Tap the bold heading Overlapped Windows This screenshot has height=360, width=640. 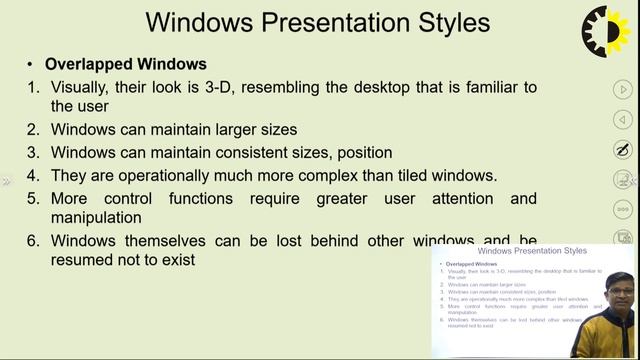click(x=125, y=64)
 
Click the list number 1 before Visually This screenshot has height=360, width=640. click(x=33, y=87)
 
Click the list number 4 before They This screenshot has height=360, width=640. click(x=33, y=176)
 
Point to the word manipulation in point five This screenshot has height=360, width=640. click(x=96, y=217)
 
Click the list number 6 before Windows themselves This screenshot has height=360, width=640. click(x=33, y=241)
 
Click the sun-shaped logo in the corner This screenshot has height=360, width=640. click(x=610, y=31)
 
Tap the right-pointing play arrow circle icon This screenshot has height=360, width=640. click(x=622, y=90)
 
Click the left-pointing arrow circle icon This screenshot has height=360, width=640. click(x=622, y=120)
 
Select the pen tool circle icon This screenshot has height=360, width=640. click(x=622, y=150)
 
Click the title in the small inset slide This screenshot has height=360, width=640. click(x=532, y=251)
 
